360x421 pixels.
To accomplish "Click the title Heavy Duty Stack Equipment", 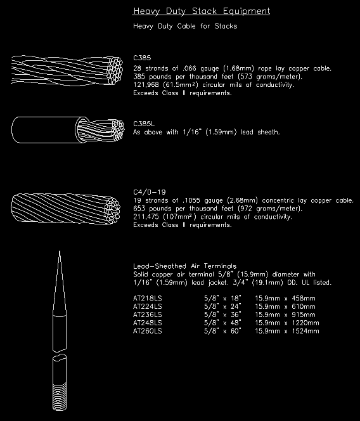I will (x=201, y=11).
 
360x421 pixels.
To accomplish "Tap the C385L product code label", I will (x=144, y=124).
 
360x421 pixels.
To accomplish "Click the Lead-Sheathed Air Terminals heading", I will (x=184, y=266).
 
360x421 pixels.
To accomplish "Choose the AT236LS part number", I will (x=148, y=314).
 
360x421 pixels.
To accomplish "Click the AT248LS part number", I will (x=148, y=323).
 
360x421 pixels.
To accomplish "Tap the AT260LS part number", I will (x=148, y=331).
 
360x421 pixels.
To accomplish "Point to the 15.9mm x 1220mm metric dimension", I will (x=286, y=323).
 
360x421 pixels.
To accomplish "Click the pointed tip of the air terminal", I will (x=58, y=255).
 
